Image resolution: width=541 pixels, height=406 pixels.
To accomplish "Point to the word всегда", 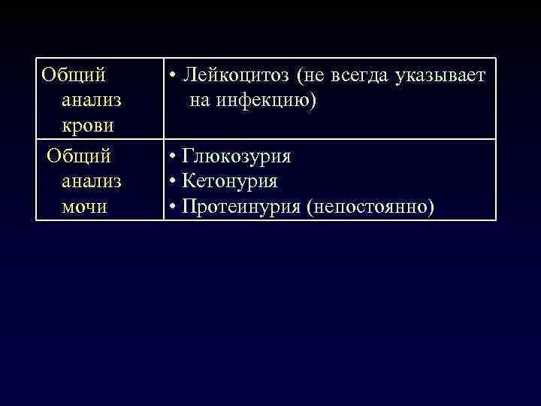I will click(352, 75).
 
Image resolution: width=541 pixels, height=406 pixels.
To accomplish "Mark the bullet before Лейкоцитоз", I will click(173, 76).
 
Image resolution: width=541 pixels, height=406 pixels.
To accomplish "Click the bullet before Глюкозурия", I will click(173, 158).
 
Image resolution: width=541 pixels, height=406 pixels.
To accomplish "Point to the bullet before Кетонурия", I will click(173, 182).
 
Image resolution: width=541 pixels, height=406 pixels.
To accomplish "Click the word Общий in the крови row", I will click(73, 75).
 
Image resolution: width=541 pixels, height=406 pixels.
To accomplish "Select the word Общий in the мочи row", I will click(79, 157).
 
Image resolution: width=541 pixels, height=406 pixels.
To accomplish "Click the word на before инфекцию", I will click(200, 99).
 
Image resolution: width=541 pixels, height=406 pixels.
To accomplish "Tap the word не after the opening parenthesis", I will click(314, 75).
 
